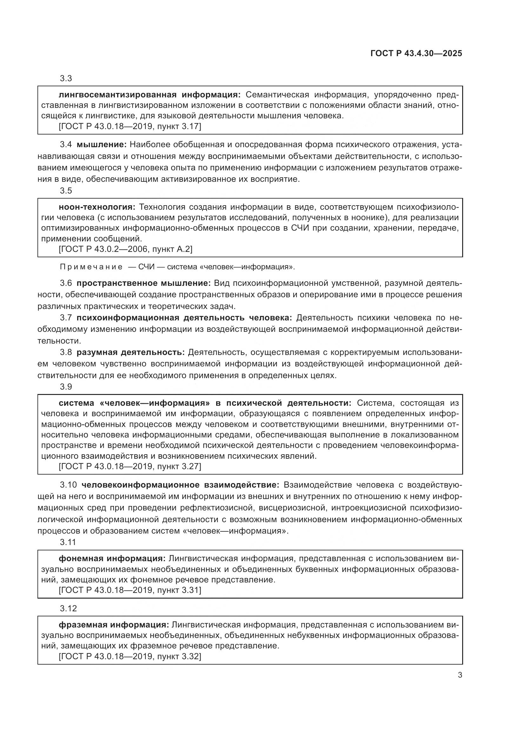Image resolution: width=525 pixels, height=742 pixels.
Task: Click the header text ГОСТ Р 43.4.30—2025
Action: click(x=416, y=54)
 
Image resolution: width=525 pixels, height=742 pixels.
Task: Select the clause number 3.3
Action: click(x=66, y=79)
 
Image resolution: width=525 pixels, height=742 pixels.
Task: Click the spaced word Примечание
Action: click(x=91, y=267)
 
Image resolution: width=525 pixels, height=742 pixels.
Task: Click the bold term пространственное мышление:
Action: click(x=143, y=283)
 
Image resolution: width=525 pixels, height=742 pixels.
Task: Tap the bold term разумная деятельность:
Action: click(x=130, y=352)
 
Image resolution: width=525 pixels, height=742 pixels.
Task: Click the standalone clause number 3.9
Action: click(x=66, y=387)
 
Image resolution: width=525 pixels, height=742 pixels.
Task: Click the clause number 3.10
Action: click(x=68, y=485)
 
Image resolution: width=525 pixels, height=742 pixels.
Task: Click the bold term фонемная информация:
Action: click(x=112, y=558)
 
